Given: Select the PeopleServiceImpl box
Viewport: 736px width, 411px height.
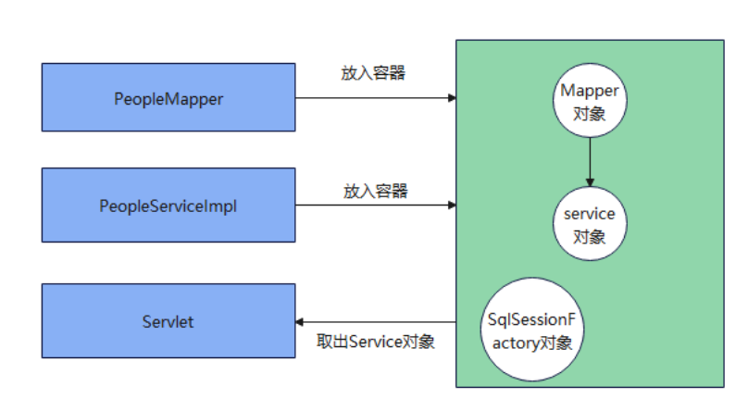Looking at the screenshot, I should (168, 205).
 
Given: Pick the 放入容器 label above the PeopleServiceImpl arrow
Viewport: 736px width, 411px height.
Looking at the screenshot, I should (375, 192).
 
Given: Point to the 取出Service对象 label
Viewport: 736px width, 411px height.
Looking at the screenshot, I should (375, 342).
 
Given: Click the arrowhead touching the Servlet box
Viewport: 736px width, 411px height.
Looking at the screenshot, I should (300, 322).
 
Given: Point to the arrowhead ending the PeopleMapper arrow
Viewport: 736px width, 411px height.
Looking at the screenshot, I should (451, 97).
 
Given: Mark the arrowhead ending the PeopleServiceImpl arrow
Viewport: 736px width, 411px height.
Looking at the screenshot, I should (451, 205).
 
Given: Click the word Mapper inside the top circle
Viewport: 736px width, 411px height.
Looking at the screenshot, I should (589, 91).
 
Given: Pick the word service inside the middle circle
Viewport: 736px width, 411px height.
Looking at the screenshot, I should (589, 214).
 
